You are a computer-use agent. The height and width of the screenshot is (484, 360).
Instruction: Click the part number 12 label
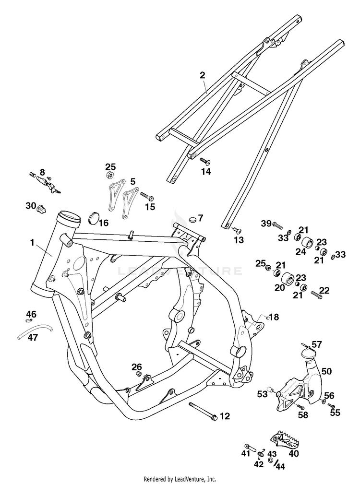[225, 416]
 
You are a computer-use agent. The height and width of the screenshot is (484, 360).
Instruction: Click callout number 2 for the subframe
[202, 75]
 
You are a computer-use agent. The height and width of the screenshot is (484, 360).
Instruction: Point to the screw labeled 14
[205, 161]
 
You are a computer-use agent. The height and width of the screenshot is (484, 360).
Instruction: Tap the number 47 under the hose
[33, 337]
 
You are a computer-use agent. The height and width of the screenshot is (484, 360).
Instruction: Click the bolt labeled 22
[316, 295]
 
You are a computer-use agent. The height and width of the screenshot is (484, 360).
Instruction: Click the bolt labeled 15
[147, 196]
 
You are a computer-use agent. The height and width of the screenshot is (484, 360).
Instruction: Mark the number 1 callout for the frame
[32, 243]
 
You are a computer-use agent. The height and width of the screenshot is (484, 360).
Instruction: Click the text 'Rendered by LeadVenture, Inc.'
[180, 479]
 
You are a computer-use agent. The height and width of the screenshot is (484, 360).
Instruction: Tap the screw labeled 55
[331, 405]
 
